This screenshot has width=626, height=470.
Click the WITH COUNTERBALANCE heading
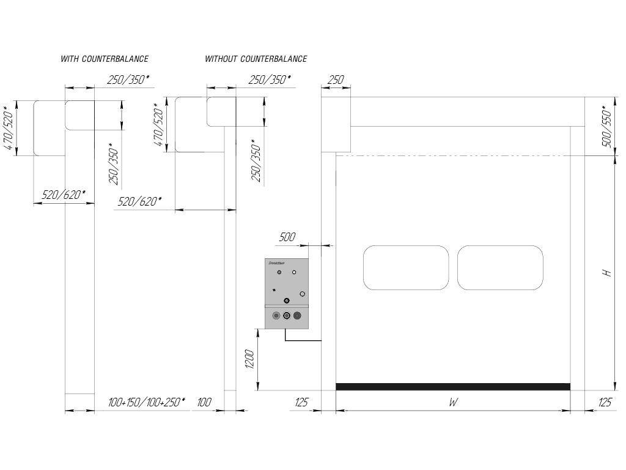pyautogui.click(x=105, y=59)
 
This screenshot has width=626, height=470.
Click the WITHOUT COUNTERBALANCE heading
pyautogui.click(x=256, y=59)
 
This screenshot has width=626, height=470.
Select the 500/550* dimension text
pyautogui.click(x=608, y=127)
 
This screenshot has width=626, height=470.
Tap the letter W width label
pyautogui.click(x=453, y=403)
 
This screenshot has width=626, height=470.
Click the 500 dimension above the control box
pyautogui.click(x=287, y=237)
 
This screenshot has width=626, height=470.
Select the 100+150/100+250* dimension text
pyautogui.click(x=146, y=403)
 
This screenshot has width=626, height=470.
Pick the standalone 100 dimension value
pyautogui.click(x=204, y=403)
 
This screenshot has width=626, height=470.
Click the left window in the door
pyautogui.click(x=406, y=267)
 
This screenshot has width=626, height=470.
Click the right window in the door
pyautogui.click(x=500, y=267)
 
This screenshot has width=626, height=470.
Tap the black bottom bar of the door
pyautogui.click(x=453, y=386)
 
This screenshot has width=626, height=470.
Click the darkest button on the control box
pyautogui.click(x=298, y=316)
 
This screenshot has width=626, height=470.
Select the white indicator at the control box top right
pyautogui.click(x=294, y=272)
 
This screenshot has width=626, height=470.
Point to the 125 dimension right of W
pyautogui.click(x=604, y=403)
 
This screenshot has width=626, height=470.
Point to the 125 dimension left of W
pyautogui.click(x=301, y=403)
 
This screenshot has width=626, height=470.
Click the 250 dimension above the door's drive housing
pyautogui.click(x=336, y=80)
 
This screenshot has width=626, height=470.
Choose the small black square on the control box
pyautogui.click(x=274, y=289)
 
